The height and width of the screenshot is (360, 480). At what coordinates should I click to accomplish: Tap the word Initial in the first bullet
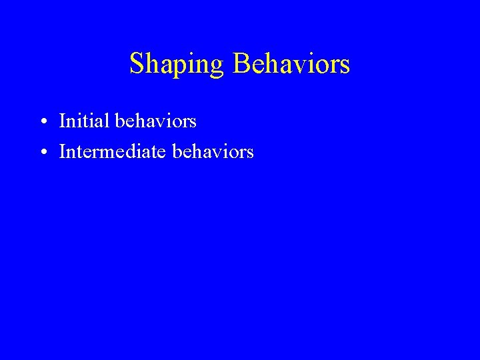[x=85, y=121]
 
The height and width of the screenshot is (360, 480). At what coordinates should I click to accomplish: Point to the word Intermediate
[x=113, y=152]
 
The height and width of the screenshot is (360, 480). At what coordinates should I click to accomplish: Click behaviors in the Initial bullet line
[x=156, y=121]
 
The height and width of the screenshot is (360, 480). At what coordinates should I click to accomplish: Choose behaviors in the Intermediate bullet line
[x=213, y=152]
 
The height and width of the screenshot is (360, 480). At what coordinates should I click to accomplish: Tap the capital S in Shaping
[x=137, y=64]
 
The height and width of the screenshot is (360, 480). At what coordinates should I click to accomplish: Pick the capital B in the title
[x=241, y=64]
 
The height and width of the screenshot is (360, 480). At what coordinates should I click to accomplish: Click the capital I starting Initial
[x=63, y=121]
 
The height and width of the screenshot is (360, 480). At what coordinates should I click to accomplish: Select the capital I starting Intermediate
[x=63, y=152]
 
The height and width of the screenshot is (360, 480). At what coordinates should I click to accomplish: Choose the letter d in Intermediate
[x=135, y=152]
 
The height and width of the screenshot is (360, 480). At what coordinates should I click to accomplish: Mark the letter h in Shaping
[x=153, y=64]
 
